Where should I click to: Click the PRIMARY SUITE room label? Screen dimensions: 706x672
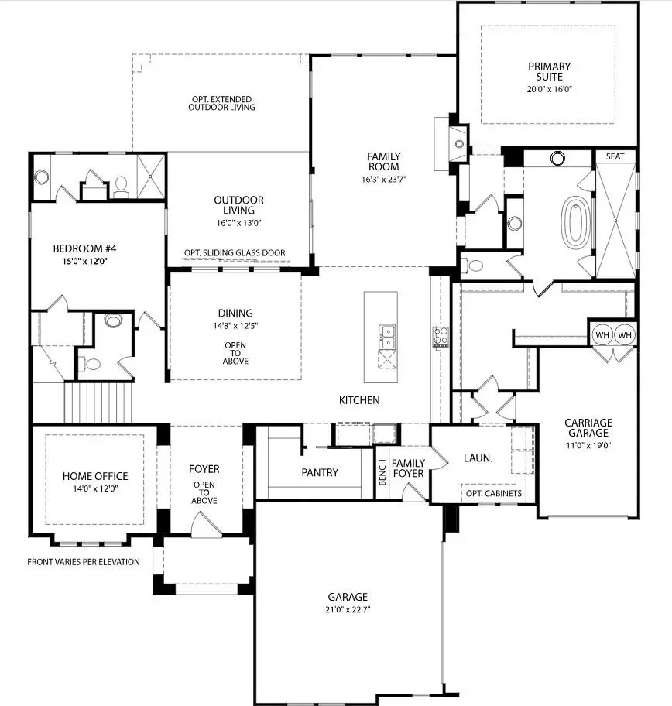[x=549, y=71]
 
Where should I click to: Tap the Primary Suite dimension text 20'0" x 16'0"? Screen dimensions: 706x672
[x=549, y=89]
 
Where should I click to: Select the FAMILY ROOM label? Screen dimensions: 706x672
[x=383, y=161]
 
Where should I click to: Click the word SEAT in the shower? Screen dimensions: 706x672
[x=615, y=156]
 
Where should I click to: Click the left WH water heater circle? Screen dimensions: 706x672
[x=602, y=335]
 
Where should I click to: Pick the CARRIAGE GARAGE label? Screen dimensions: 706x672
[x=588, y=427]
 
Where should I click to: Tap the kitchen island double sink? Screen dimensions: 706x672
[x=386, y=334]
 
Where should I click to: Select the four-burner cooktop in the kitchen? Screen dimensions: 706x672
[x=440, y=337]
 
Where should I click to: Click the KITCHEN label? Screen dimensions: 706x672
[x=359, y=400]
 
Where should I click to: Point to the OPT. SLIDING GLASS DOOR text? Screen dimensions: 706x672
[x=235, y=253]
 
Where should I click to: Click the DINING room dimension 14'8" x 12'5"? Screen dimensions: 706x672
[x=235, y=325]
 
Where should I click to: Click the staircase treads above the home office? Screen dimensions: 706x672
[x=96, y=404]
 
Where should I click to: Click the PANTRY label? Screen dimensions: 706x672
[x=319, y=472]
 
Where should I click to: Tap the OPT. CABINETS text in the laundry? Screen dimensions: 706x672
[x=493, y=494]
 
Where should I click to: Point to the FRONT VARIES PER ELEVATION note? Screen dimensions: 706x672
[x=84, y=562]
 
